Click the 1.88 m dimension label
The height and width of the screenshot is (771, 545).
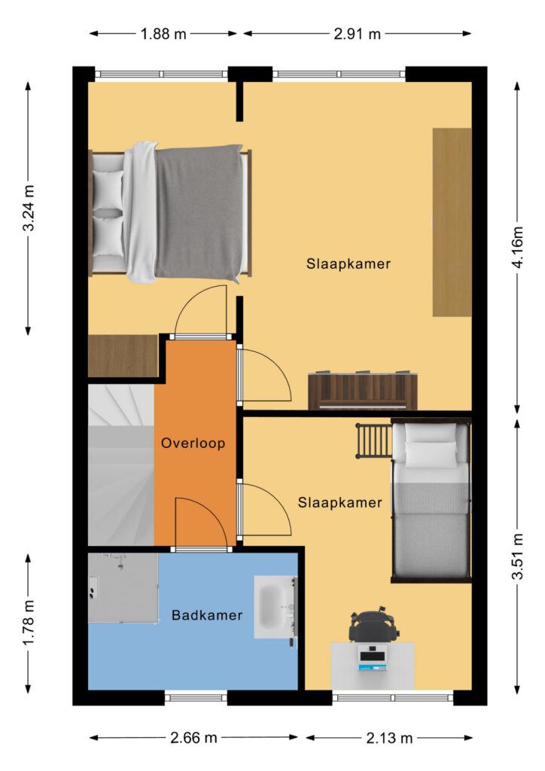click(x=163, y=34)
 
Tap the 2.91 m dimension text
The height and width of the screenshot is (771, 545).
click(x=358, y=34)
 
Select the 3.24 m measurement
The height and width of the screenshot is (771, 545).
click(x=29, y=208)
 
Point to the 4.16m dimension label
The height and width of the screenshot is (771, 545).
click(x=517, y=247)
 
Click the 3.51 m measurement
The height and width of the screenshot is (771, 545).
click(x=517, y=556)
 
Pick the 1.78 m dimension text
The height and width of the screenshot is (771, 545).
click(x=29, y=623)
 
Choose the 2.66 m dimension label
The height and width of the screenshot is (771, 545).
click(x=193, y=738)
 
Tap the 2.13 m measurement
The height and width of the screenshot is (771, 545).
click(x=389, y=738)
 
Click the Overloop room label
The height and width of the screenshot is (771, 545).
click(x=193, y=443)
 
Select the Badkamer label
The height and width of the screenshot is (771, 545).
click(x=207, y=615)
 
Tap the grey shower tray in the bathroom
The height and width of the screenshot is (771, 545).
click(x=123, y=588)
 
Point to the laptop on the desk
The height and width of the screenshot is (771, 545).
click(x=373, y=658)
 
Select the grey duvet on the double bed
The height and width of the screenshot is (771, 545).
click(x=199, y=212)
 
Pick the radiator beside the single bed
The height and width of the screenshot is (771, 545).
click(x=373, y=440)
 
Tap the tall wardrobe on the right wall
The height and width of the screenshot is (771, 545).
click(x=452, y=222)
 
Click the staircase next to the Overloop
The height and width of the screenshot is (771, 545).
click(x=121, y=465)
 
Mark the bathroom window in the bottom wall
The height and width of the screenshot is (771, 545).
click(x=196, y=698)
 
